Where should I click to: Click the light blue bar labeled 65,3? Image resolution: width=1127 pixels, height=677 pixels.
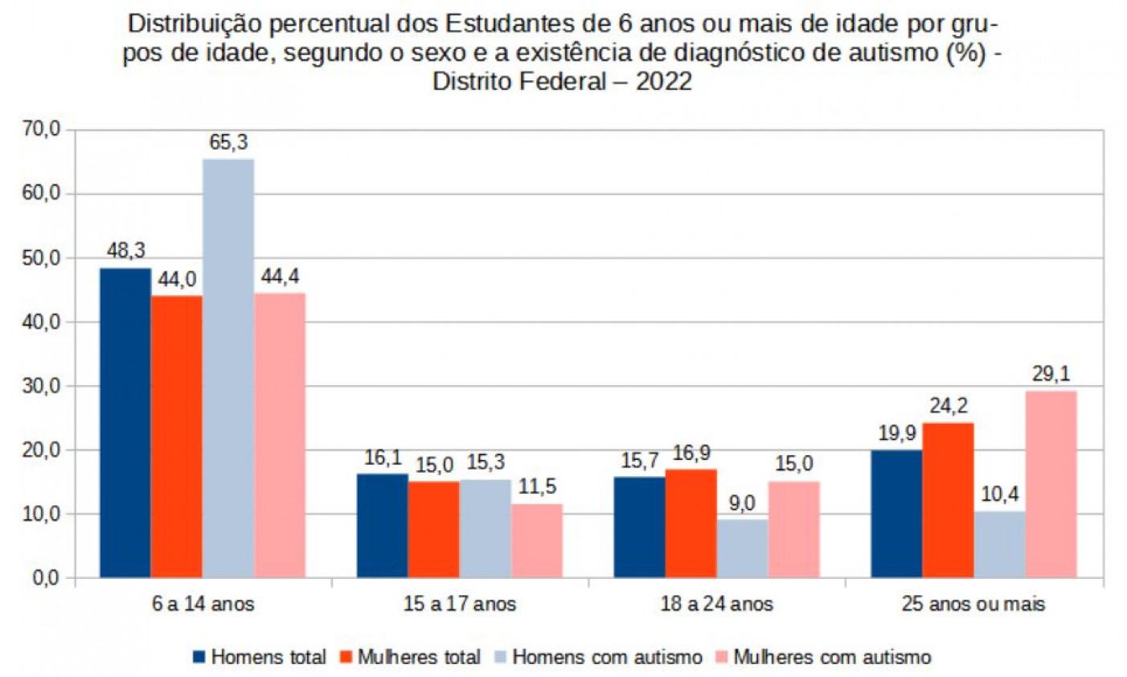(x=228, y=367)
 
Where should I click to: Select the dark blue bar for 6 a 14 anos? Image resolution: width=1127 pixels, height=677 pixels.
(x=125, y=422)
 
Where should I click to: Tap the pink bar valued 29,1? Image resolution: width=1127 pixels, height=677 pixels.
(x=1051, y=484)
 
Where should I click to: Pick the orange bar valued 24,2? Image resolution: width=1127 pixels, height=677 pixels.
(x=948, y=499)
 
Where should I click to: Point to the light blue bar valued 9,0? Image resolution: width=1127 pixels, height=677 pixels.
(x=742, y=548)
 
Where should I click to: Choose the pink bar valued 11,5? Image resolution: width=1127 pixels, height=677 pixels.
(x=536, y=540)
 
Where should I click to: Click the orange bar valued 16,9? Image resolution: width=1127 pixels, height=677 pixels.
(x=691, y=523)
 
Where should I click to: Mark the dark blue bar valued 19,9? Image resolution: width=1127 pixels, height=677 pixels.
(x=896, y=513)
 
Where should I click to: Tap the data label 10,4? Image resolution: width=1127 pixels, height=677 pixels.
(x=999, y=495)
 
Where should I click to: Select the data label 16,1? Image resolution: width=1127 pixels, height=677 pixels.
(x=383, y=459)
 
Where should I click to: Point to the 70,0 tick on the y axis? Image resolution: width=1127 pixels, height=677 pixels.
(x=41, y=129)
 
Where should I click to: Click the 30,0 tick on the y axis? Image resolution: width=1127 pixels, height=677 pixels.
(x=41, y=386)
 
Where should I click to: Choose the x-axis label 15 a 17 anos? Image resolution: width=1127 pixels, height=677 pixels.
(x=460, y=604)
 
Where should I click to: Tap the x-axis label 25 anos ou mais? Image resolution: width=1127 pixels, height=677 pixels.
(x=973, y=604)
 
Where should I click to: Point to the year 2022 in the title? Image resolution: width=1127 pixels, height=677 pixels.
(x=664, y=82)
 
